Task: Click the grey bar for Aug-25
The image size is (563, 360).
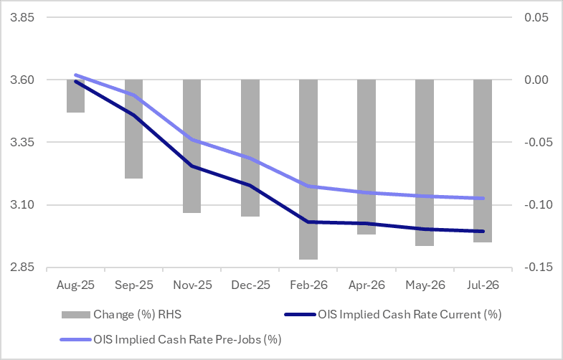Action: [75, 96]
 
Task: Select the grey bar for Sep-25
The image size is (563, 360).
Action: [133, 129]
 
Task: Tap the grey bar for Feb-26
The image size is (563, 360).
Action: [308, 169]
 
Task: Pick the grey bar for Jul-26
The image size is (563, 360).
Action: [482, 161]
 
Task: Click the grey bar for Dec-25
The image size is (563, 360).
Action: [250, 148]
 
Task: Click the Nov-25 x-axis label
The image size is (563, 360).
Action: [191, 285]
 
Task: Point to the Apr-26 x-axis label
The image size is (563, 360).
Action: [366, 285]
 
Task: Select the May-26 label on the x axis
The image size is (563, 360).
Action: [424, 285]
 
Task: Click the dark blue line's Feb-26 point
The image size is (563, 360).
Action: [308, 222]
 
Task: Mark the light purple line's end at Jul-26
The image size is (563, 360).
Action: [482, 198]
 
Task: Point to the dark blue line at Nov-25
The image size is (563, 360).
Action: [191, 166]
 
